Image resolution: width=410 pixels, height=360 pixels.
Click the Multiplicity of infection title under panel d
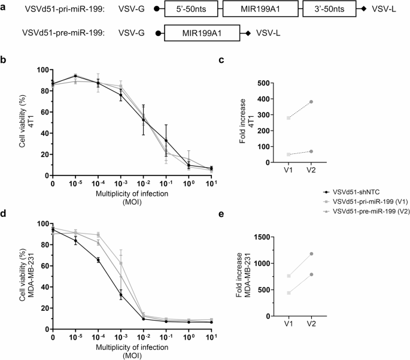tap(134, 349)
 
